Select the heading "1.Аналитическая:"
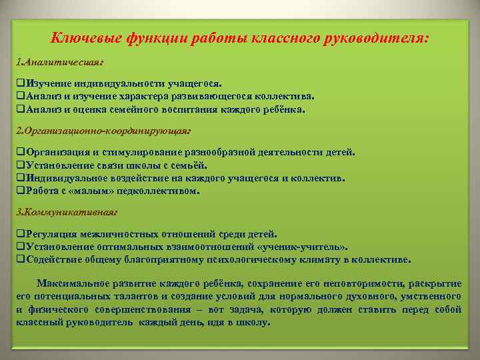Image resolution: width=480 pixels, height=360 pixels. click(59, 62)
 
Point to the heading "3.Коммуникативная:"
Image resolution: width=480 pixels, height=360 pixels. click(67, 212)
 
